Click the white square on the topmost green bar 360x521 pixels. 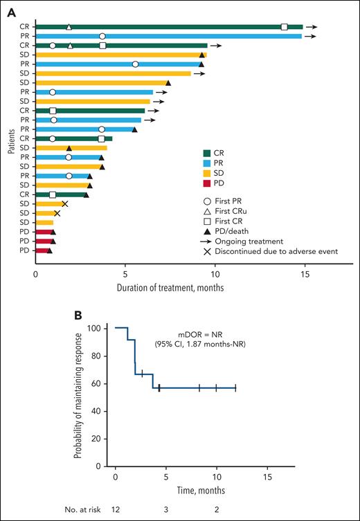[285, 27]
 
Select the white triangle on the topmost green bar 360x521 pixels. [69, 27]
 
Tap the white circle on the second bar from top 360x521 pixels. [102, 36]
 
